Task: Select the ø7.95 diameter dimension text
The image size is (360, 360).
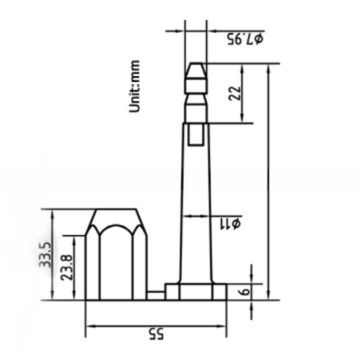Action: pyautogui.click(x=245, y=39)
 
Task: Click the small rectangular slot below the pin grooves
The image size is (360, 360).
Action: pyautogui.click(x=196, y=135)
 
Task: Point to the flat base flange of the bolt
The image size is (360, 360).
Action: pyautogui.click(x=196, y=292)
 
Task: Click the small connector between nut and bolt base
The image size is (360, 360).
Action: pyautogui.click(x=155, y=295)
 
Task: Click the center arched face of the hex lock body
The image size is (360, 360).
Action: pyautogui.click(x=116, y=264)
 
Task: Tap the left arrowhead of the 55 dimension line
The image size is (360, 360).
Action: pyautogui.click(x=90, y=326)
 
